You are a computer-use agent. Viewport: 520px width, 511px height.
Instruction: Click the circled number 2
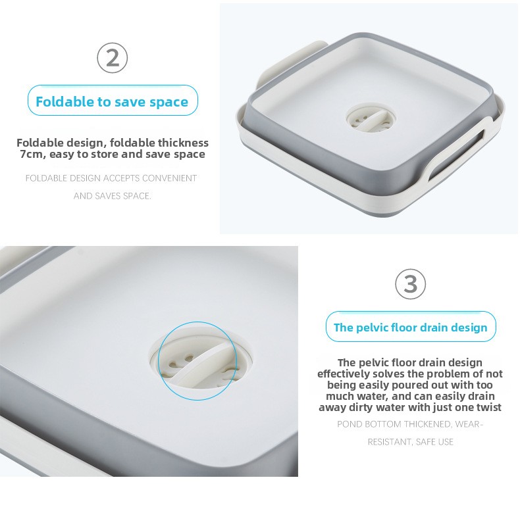pyautogui.click(x=113, y=58)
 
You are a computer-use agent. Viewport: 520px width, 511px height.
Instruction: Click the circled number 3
pyautogui.click(x=411, y=284)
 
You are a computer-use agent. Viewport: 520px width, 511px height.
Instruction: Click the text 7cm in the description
pyautogui.click(x=32, y=154)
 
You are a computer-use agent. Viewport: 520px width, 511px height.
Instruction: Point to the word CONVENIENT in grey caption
pyautogui.click(x=169, y=178)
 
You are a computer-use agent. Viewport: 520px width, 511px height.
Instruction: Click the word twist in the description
pyautogui.click(x=489, y=407)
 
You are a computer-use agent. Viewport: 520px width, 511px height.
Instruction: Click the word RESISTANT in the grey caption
pyautogui.click(x=390, y=442)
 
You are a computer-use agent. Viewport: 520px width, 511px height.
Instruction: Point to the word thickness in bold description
pyautogui.click(x=183, y=143)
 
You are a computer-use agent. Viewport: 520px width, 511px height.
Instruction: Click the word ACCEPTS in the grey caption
pyautogui.click(x=121, y=178)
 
